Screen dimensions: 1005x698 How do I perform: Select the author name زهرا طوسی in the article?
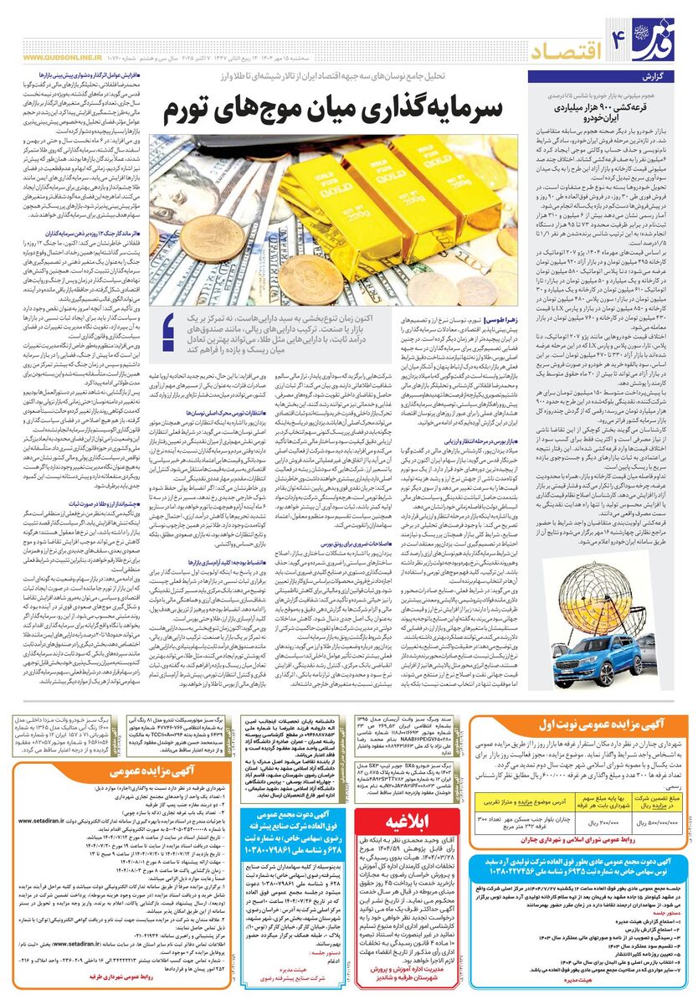tap(506, 321)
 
